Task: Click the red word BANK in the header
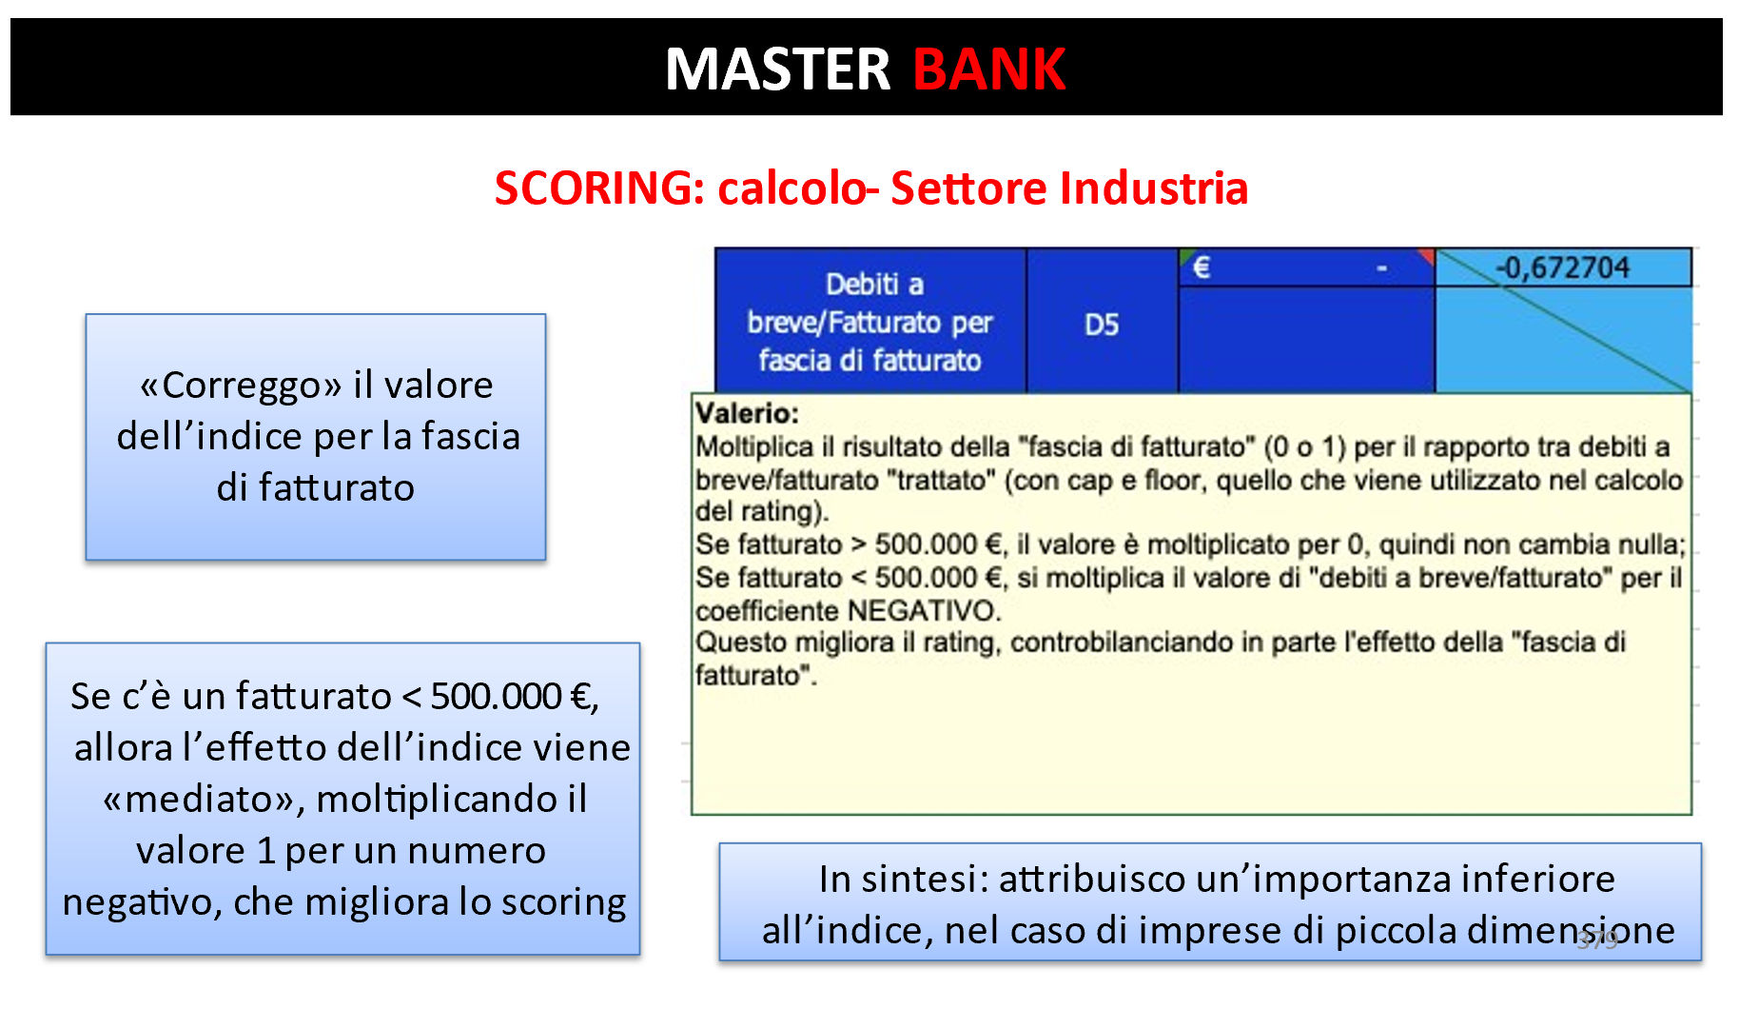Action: [988, 69]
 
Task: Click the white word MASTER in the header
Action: [777, 69]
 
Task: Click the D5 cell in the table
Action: [1102, 326]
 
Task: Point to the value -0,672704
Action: [1563, 267]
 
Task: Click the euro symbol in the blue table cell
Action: [1202, 267]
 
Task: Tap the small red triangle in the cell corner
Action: [1426, 256]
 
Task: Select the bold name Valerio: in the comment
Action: [747, 413]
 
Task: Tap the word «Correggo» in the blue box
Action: [241, 386]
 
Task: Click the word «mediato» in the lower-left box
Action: [204, 800]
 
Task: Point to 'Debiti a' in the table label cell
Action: [874, 285]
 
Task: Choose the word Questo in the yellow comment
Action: [741, 643]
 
